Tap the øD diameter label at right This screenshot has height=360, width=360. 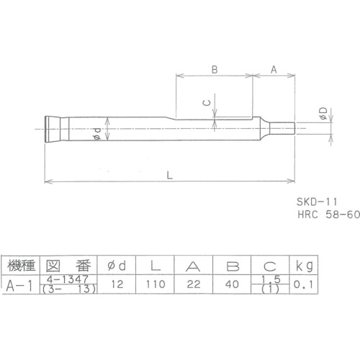[x=323, y=113]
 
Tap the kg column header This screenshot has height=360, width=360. [x=302, y=264]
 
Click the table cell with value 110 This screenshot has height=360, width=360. [x=152, y=284]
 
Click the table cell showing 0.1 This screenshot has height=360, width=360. [x=302, y=284]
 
